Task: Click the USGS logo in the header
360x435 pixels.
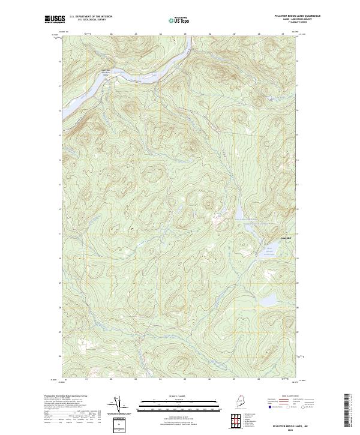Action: (x=55, y=19)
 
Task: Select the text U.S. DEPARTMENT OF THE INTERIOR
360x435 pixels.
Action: (x=91, y=16)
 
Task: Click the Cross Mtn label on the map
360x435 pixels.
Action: (x=269, y=236)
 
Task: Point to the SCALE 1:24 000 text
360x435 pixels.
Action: (x=179, y=395)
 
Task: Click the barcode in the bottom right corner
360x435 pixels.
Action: (x=346, y=410)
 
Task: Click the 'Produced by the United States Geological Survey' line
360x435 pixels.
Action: (x=66, y=397)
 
